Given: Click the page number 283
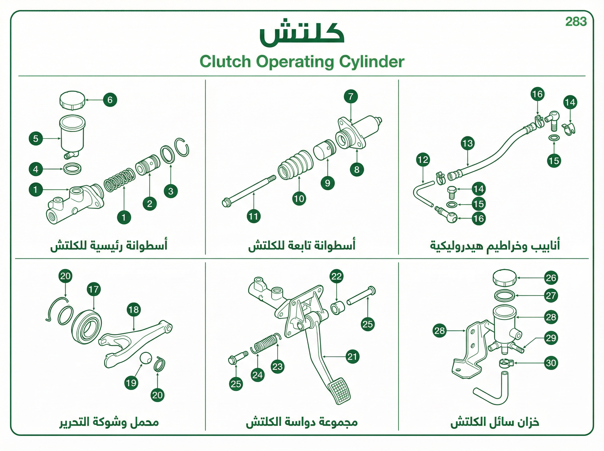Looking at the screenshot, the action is [576, 22].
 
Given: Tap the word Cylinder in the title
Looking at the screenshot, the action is [371, 62].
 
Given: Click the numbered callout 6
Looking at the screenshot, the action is [110, 100].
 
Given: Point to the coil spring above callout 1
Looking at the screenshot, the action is [120, 180].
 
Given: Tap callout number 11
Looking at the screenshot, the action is [254, 216].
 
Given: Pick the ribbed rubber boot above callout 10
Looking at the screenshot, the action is [295, 164].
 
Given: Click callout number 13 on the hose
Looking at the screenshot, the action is [468, 143].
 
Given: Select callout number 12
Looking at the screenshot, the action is [423, 160].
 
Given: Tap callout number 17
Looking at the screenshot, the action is [94, 289].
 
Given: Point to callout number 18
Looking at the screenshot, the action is [134, 310].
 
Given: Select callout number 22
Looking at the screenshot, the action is [336, 276].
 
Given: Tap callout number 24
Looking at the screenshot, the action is [258, 375].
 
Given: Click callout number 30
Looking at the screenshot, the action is [551, 363].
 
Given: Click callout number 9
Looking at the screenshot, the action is [327, 183].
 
